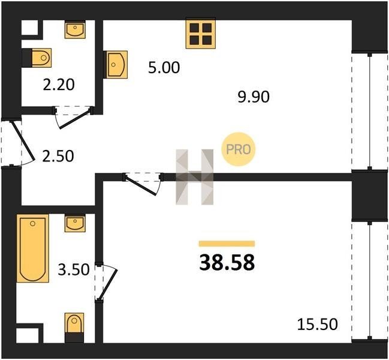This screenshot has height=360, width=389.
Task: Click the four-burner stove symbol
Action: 201,34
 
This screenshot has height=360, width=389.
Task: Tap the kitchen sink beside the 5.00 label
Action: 116,65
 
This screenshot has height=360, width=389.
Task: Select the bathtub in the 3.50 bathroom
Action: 33,248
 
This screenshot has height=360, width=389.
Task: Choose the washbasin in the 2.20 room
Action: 75,29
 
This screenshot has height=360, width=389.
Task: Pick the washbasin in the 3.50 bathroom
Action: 75,223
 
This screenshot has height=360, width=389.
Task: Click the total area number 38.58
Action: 227,263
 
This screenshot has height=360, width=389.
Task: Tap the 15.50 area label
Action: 317,324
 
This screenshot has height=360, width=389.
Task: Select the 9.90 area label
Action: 254,97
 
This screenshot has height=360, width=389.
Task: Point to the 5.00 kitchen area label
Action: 164,68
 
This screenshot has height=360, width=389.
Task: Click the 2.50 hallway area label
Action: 58,156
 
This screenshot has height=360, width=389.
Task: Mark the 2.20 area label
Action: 59,85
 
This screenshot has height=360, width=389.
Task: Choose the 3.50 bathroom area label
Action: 74,269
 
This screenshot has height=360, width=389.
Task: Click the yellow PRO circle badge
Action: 238,149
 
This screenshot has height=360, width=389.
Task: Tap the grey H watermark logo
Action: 194,177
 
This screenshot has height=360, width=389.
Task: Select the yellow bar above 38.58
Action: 227,244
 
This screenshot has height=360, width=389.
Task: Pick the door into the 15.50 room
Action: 142,185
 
